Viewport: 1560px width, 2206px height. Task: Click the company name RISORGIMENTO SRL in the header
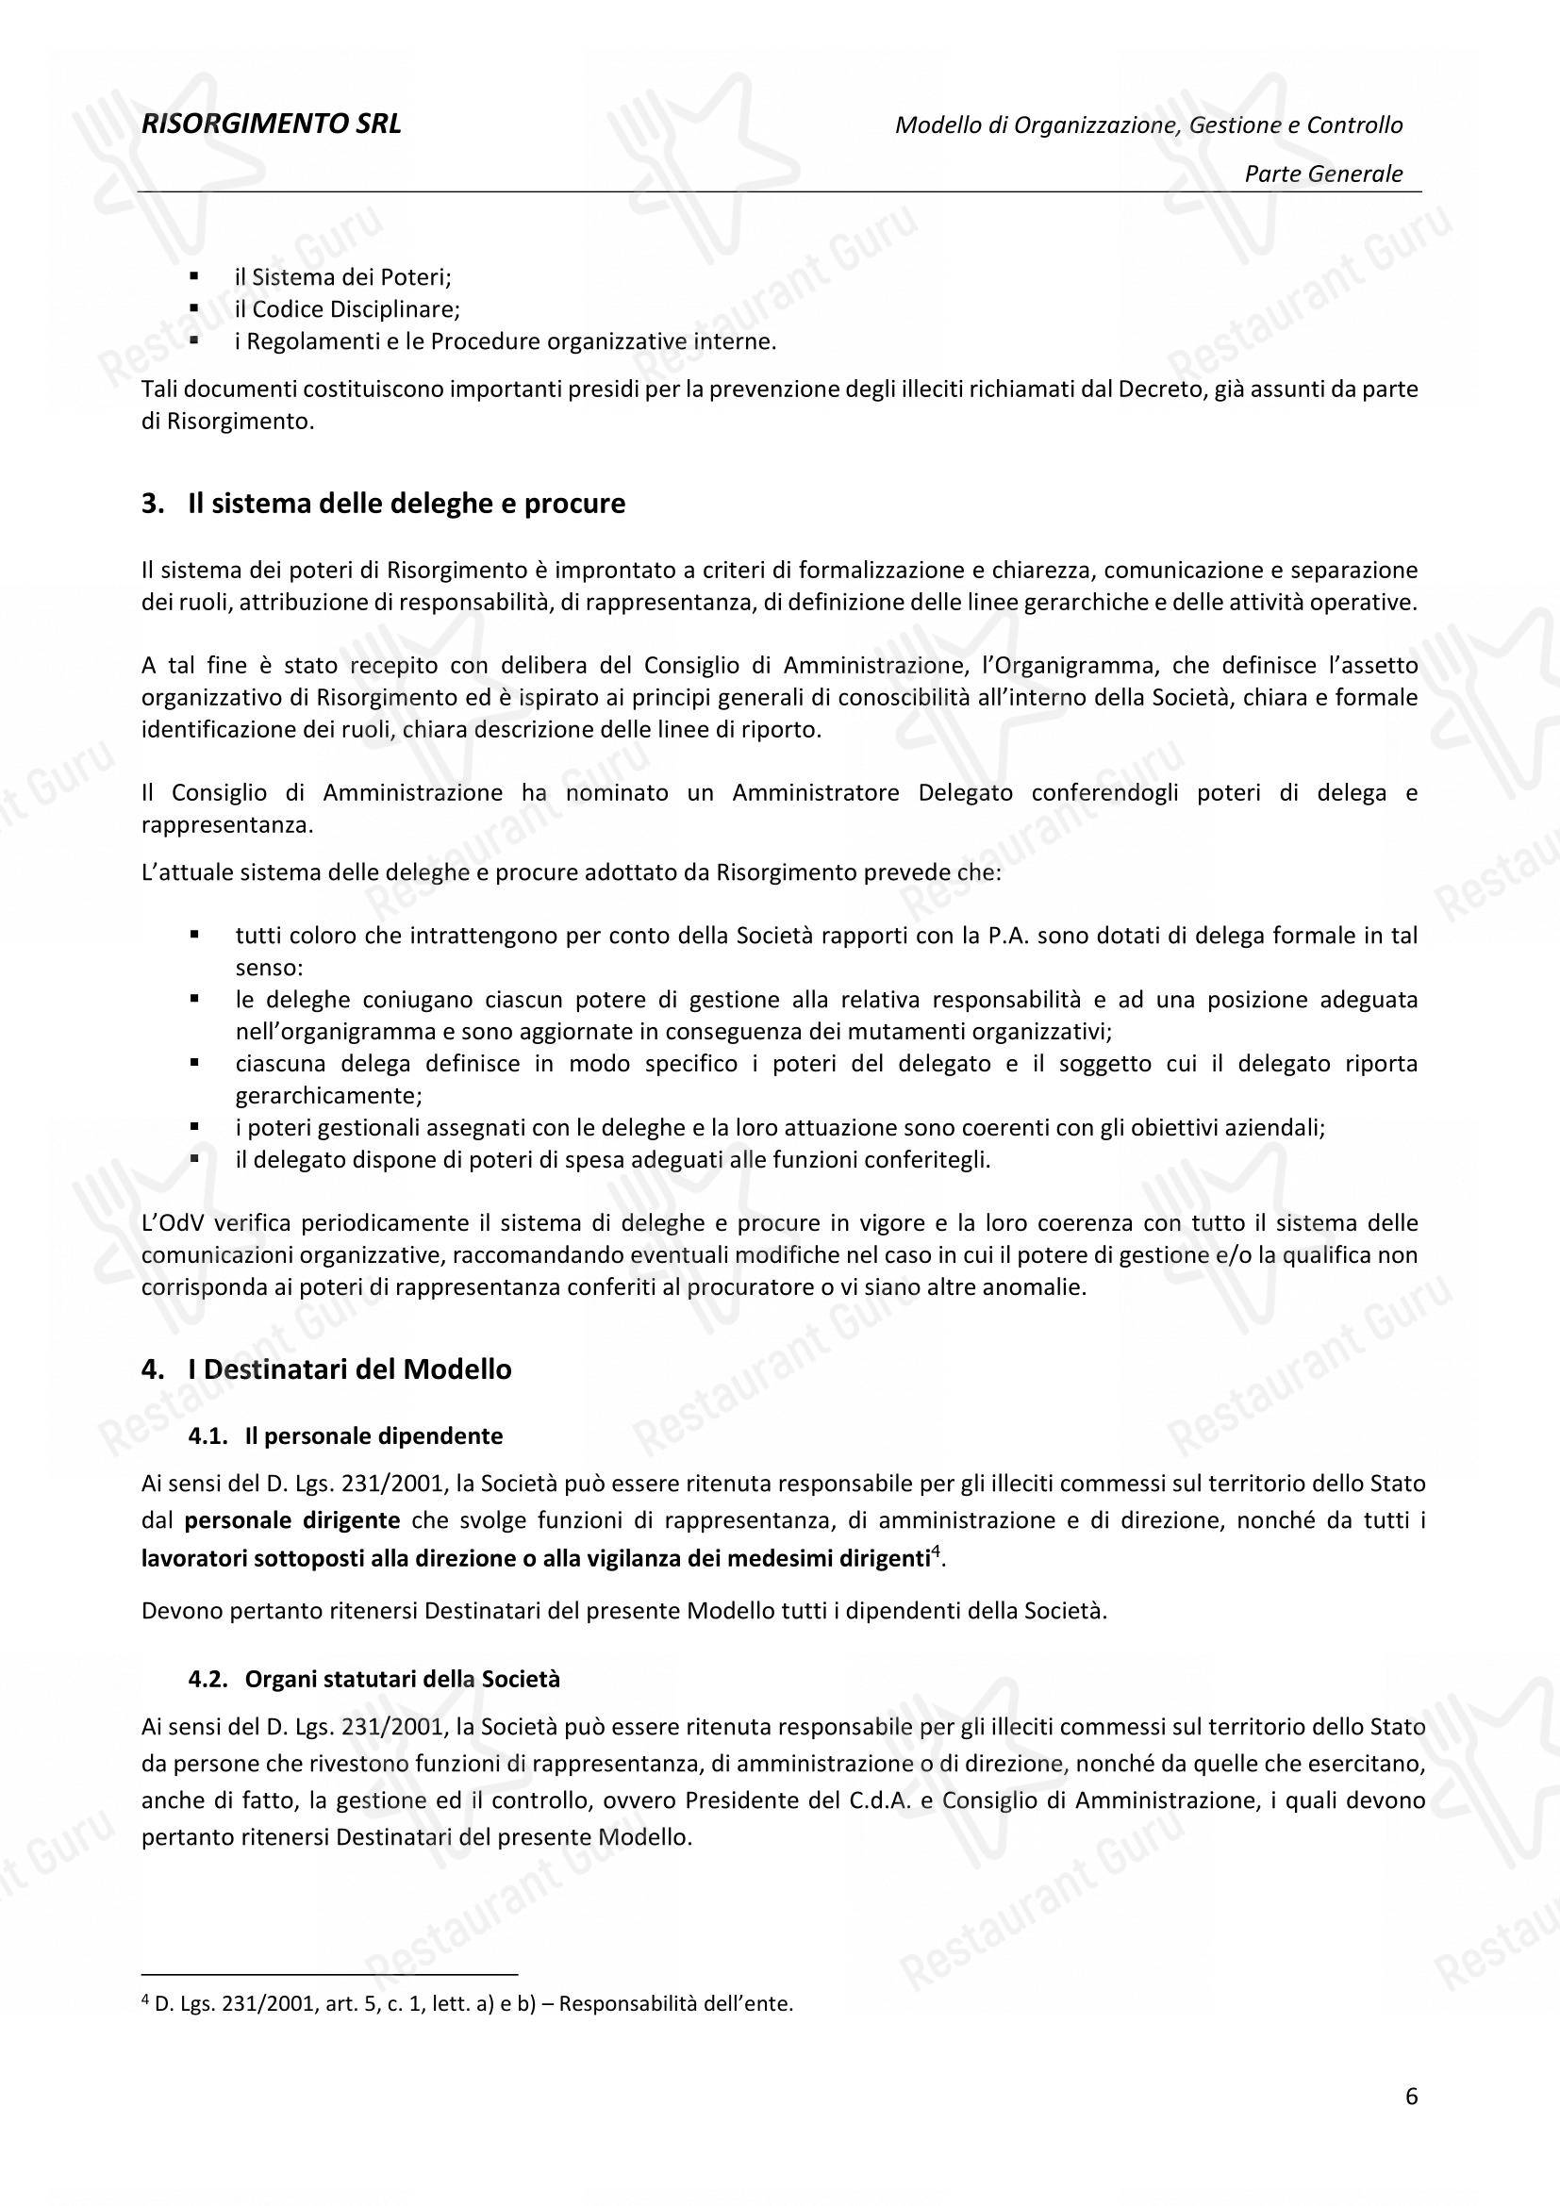(x=271, y=124)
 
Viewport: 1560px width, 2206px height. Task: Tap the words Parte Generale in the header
(x=1322, y=174)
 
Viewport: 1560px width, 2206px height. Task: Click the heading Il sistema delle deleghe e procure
(x=407, y=504)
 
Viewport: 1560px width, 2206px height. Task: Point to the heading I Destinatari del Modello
(x=350, y=1369)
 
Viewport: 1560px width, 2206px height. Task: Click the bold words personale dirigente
(x=292, y=1521)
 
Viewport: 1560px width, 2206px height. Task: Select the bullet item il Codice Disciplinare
(x=348, y=309)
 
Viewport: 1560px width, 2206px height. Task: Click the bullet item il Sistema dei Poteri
(x=343, y=277)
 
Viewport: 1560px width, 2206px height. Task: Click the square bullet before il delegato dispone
(x=194, y=1159)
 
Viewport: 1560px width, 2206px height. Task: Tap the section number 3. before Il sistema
(x=152, y=505)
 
